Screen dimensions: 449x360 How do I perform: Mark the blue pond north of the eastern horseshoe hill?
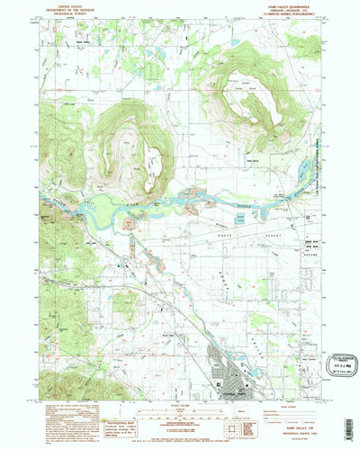(x=236, y=42)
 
